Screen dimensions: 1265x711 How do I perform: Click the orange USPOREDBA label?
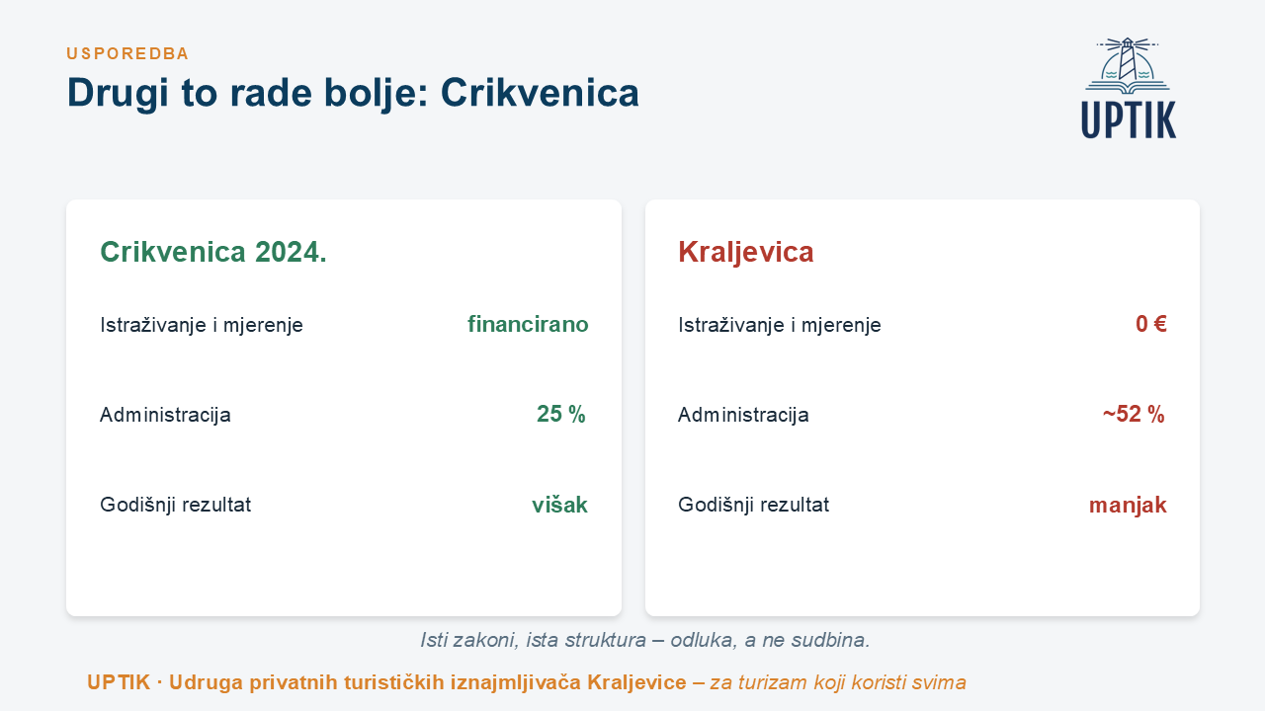click(127, 53)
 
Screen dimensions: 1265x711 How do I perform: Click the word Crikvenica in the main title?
click(540, 93)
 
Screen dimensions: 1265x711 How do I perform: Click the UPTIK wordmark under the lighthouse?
click(1129, 119)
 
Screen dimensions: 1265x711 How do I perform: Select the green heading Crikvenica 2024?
click(213, 252)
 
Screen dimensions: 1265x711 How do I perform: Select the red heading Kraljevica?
click(745, 252)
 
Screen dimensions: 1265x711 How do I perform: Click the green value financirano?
click(528, 325)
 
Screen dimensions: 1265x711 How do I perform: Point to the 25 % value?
click(560, 414)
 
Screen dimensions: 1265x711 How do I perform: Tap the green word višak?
click(559, 505)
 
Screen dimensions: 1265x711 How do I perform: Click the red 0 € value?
click(1151, 324)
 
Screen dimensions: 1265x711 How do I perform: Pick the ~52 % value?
click(1134, 414)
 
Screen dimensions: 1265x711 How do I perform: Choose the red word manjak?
click(1128, 505)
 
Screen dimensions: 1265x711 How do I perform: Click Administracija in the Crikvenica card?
click(165, 415)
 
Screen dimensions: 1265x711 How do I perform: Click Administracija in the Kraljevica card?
click(743, 415)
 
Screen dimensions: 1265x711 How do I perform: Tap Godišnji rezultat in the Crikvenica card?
click(175, 505)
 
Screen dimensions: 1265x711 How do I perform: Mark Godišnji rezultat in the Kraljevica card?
click(753, 505)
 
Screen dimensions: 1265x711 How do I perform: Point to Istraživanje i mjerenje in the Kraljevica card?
click(780, 325)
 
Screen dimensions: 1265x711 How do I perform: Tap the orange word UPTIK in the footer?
click(119, 682)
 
